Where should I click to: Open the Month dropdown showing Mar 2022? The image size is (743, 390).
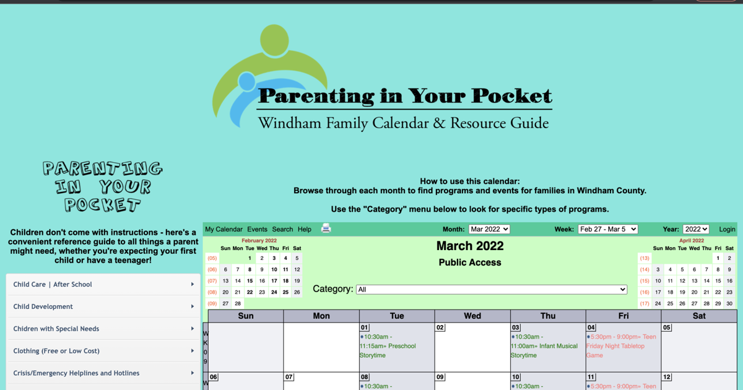[x=489, y=229]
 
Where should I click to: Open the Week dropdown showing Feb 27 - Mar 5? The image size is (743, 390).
[x=607, y=229]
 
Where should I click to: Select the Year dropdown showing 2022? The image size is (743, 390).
[x=695, y=229]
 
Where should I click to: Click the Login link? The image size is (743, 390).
[x=727, y=229]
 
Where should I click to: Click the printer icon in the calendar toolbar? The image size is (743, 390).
[x=326, y=228]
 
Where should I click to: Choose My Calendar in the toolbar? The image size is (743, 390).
[x=224, y=229]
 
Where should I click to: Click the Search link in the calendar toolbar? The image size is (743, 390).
[x=282, y=229]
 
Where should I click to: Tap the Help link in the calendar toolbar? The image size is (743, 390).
[x=305, y=229]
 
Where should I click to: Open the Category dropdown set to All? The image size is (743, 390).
[x=492, y=289]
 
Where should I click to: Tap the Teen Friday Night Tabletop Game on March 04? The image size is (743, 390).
[x=620, y=346]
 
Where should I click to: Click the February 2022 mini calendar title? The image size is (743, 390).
[x=259, y=241]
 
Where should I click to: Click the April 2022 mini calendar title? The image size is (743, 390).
[x=692, y=241]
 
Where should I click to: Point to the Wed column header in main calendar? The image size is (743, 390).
[x=472, y=316]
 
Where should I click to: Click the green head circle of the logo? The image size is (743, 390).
[x=274, y=40]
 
